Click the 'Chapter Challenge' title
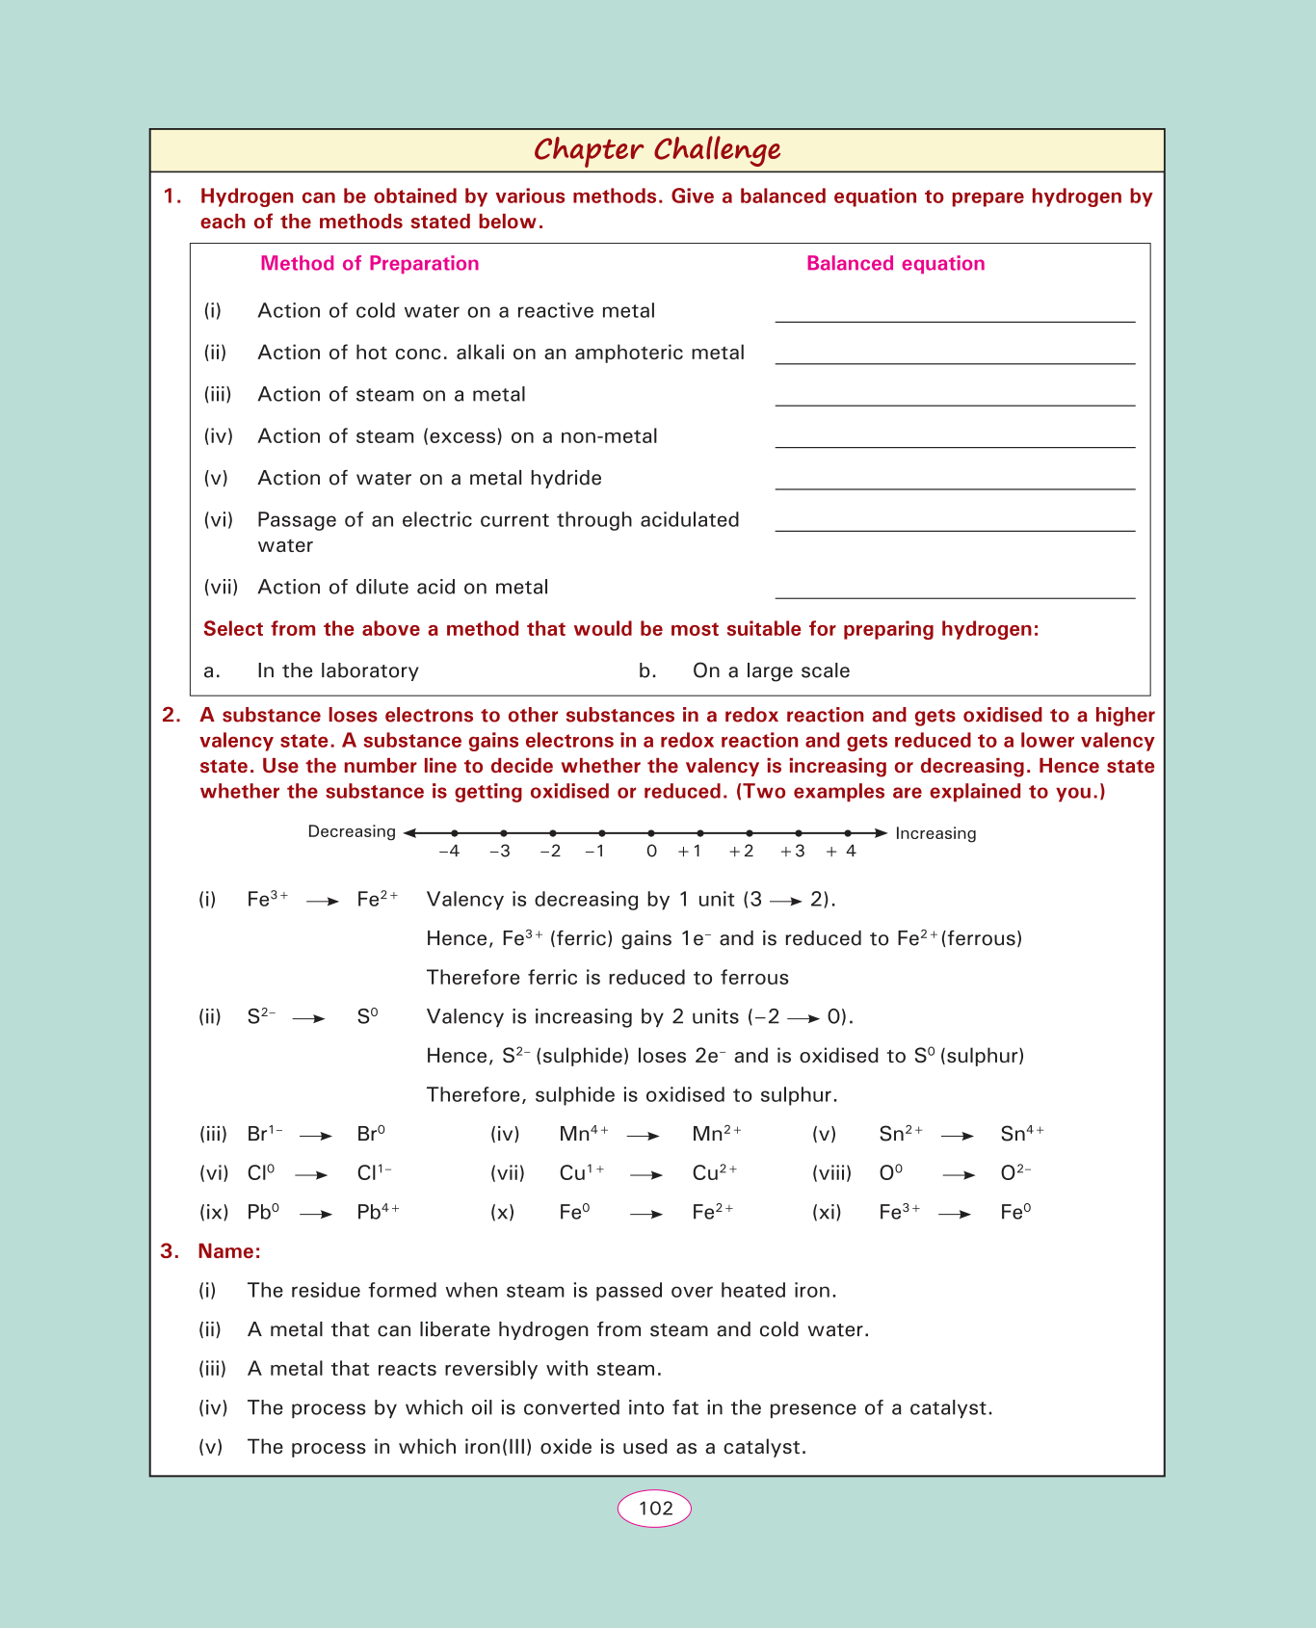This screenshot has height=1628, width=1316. pos(657,150)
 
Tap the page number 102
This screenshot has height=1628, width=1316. pos(655,1508)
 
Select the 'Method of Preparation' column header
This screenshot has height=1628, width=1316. pos(369,264)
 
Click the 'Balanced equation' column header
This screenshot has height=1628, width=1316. pos(895,264)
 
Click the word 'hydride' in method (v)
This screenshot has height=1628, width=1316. pos(567,479)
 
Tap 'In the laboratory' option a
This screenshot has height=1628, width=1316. pos(337,671)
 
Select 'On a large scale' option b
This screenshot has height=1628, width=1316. pos(771,671)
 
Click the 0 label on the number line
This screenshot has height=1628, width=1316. pos(652,852)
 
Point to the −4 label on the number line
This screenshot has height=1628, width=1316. pos(449,852)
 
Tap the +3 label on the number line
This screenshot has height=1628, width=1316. pos(793,852)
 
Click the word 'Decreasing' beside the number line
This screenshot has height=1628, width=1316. pos(352,832)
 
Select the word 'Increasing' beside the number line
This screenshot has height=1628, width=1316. pos(935,834)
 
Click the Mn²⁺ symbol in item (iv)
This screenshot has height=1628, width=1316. pos(717,1134)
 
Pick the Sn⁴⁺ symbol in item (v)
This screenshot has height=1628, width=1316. pos(1022,1134)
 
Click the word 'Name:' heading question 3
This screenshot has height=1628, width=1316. pos(229,1251)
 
